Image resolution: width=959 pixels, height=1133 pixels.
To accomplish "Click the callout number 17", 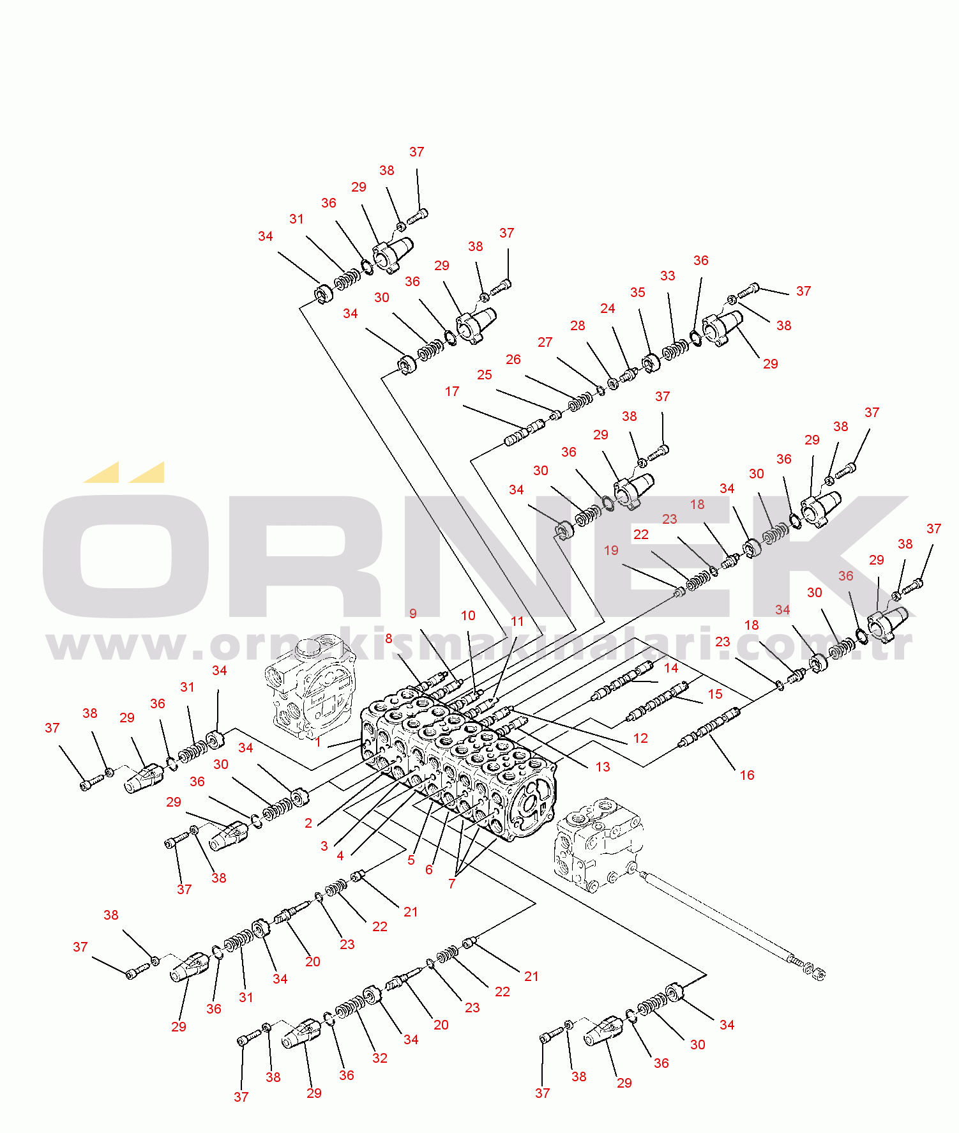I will point(452,392).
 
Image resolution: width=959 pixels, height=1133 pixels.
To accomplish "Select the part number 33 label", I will point(667,276).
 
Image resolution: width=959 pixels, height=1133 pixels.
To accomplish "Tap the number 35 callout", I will point(637,293).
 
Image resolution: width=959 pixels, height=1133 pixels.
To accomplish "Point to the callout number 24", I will point(607,309).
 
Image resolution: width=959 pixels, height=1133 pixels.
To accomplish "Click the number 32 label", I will point(380,1058).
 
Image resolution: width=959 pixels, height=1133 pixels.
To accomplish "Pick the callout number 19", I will point(611,551).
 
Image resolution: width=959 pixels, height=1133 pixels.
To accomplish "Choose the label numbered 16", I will point(747,775).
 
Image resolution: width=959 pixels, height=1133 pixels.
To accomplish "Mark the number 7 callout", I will point(452,884).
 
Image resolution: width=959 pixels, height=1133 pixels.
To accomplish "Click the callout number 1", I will point(318,742).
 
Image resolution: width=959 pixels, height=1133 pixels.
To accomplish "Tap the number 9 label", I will point(413,614).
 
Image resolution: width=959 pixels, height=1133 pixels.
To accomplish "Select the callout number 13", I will point(603,767).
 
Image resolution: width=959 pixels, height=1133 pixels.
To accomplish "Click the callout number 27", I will point(545,342).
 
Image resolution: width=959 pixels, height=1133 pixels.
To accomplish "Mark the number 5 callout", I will point(411,860).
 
